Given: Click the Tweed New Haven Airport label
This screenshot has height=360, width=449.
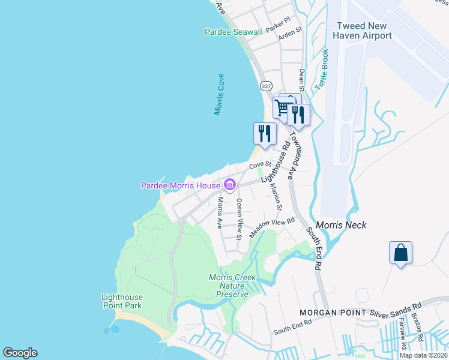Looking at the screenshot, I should pyautogui.click(x=364, y=31).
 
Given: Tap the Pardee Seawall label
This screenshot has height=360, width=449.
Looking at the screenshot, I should pyautogui.click(x=233, y=32).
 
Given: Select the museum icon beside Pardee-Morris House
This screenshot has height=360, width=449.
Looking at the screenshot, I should pyautogui.click(x=229, y=184).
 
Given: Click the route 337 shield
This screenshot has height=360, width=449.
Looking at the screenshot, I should pyautogui.click(x=267, y=87).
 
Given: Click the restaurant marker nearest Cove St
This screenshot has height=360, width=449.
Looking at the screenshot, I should pyautogui.click(x=265, y=134).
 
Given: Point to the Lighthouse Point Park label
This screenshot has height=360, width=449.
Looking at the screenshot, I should pyautogui.click(x=122, y=301).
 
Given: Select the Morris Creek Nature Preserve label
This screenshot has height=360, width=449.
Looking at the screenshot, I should pyautogui.click(x=232, y=286).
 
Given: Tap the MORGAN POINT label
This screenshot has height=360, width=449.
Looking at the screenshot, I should pyautogui.click(x=331, y=313).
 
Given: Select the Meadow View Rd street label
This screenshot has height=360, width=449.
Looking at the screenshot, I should pyautogui.click(x=274, y=227).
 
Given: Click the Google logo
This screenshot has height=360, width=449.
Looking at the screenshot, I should pyautogui.click(x=20, y=353).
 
